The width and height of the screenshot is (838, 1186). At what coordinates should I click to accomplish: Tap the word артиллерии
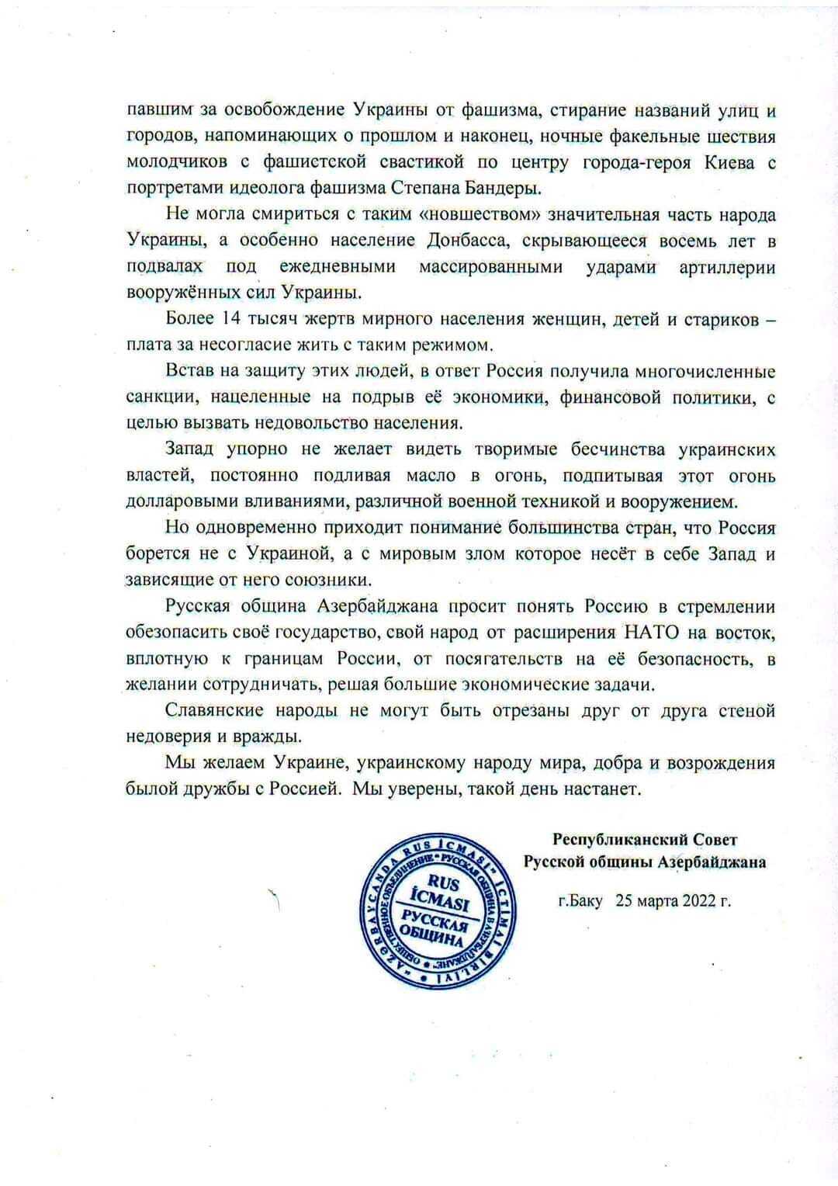727,267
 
